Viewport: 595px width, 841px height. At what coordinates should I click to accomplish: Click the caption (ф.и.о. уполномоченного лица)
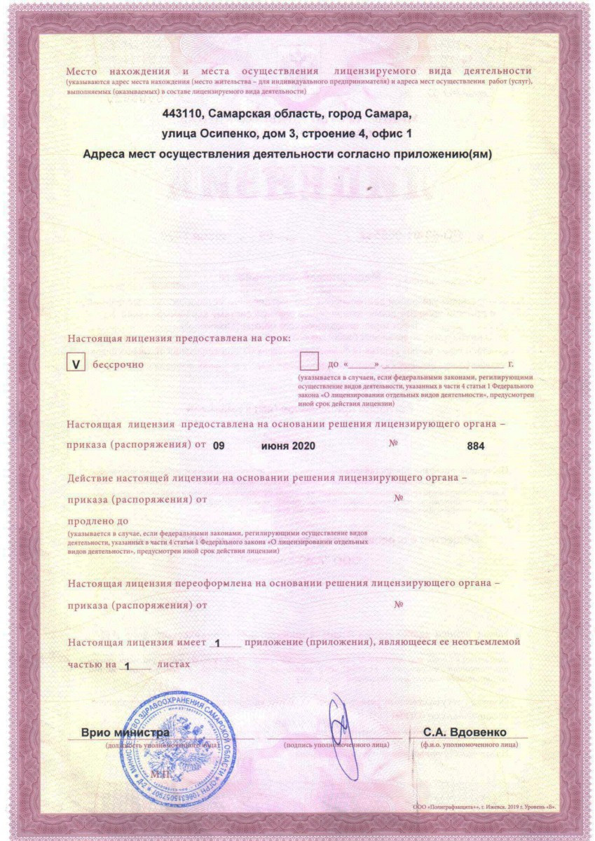pos(470,744)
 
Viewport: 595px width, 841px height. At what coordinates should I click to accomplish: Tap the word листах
pos(174,662)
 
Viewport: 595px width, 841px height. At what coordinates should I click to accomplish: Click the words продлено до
pos(97,521)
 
